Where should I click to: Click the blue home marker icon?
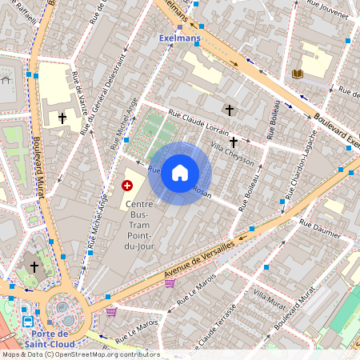(x=180, y=173)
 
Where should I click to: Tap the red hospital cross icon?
(x=126, y=186)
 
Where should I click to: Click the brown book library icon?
(x=298, y=74)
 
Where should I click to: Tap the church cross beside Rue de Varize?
(x=62, y=118)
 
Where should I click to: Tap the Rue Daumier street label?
(x=319, y=229)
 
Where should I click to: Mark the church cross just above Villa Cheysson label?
(x=234, y=142)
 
